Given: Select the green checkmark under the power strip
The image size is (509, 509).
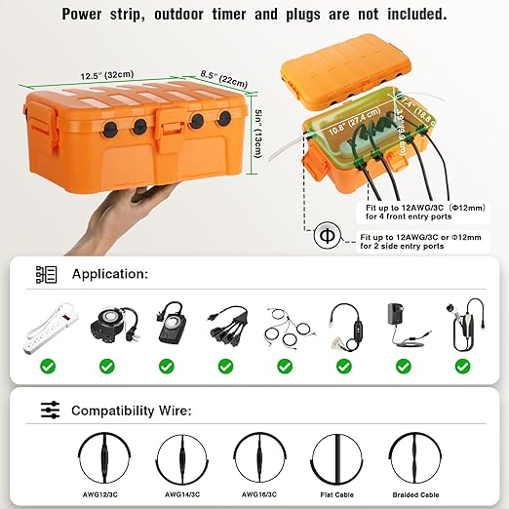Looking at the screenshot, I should click(x=48, y=367).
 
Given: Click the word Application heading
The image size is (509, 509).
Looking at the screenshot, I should click(x=109, y=275).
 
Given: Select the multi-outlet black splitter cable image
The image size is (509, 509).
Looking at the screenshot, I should click(x=224, y=327).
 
